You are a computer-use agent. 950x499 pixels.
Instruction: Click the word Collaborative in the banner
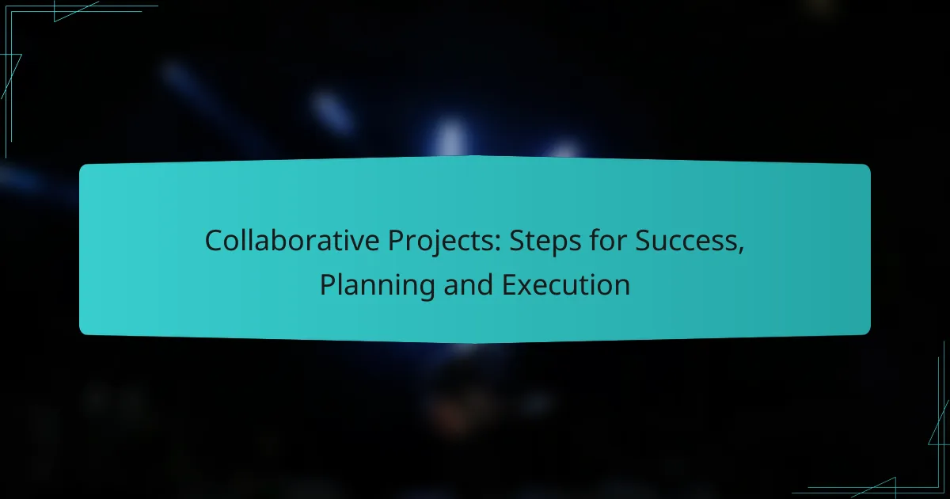point(276,241)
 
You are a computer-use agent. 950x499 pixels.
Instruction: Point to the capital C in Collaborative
point(214,241)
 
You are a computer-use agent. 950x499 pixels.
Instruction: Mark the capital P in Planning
point(327,284)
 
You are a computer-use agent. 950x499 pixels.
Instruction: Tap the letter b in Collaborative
point(288,240)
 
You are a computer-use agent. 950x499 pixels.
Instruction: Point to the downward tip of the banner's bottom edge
point(475,342)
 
